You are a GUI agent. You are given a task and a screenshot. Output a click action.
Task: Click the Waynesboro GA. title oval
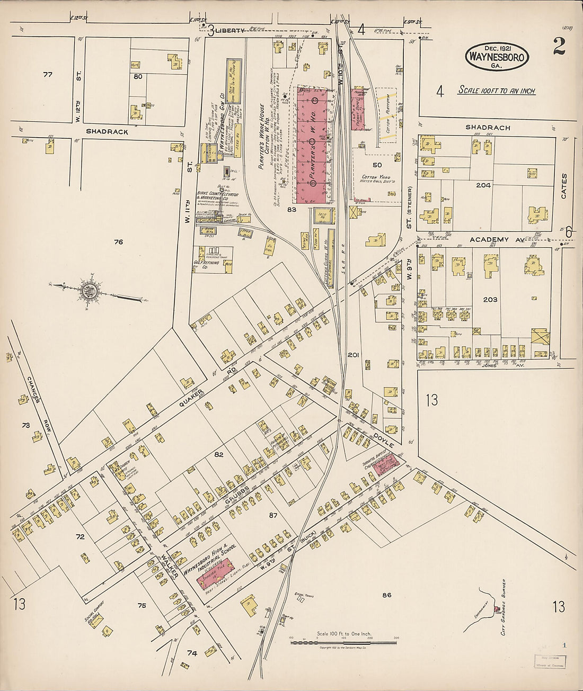tap(497, 57)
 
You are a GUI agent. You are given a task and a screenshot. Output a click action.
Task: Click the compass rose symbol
tap(88, 291)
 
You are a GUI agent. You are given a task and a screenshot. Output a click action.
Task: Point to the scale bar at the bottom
tap(343, 642)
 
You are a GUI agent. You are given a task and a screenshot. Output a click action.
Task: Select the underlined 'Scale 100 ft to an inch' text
tap(497, 91)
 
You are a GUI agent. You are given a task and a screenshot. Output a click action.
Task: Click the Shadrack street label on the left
tap(107, 132)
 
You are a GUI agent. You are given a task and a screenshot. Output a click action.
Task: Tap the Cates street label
tap(563, 186)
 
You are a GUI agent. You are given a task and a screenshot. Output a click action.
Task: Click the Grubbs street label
tap(240, 492)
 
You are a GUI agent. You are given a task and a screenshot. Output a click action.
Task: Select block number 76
tap(118, 242)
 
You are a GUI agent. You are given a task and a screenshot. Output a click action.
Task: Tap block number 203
tap(490, 300)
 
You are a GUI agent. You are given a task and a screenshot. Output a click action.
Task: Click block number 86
tap(386, 595)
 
